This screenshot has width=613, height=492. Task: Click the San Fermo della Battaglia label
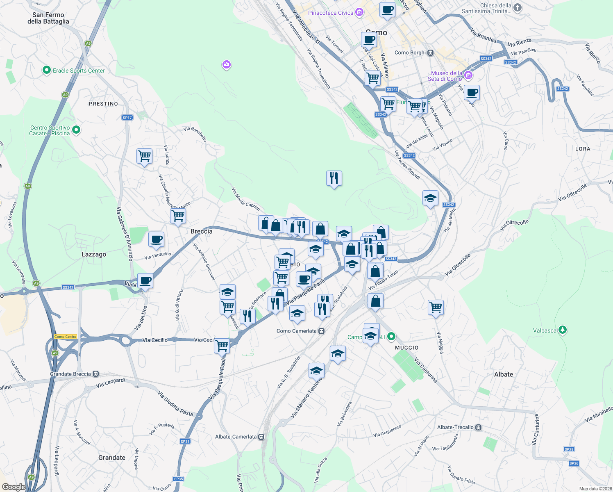48,18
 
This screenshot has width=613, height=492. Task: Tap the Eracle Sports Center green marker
46,71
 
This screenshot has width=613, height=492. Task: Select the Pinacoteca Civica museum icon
359,12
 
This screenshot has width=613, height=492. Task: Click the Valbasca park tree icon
563,330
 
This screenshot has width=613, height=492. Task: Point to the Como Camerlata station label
296,331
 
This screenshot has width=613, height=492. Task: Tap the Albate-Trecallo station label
455,427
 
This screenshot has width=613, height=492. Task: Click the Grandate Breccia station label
70,374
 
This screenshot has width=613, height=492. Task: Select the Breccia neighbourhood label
202,231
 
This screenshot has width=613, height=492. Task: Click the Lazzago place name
94,254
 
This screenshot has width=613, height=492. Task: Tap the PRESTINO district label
103,104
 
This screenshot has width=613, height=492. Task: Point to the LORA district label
582,149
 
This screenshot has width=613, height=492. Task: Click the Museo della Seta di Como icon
468,75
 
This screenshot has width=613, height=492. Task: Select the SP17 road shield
127,118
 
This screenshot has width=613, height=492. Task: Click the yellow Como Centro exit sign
66,337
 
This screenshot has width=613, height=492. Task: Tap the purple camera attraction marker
227,65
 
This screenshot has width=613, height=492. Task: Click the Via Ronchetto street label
195,134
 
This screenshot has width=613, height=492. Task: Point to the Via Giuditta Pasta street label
175,403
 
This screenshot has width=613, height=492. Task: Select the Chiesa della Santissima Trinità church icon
518,7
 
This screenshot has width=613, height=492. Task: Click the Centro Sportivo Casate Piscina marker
76,130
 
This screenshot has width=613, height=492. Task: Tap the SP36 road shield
574,463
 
